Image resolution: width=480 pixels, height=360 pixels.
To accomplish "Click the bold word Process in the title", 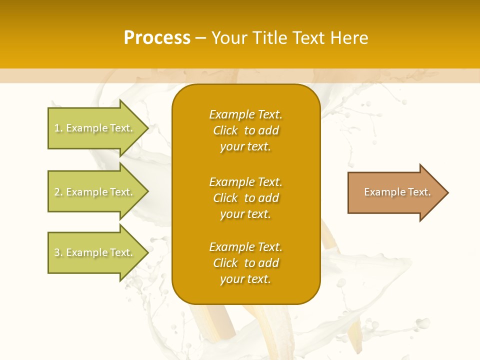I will tap(157, 38).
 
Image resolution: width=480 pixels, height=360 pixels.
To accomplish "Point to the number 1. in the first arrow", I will tap(58, 128).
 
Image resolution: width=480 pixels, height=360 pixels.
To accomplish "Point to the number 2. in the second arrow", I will tap(58, 192).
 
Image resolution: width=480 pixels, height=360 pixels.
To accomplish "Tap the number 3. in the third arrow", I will tap(58, 253).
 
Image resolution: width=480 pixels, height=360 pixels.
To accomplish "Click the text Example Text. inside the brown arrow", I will tap(397, 192).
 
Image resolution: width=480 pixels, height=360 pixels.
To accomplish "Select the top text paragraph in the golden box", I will tap(245, 130).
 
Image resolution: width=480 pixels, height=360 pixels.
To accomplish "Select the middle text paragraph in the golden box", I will tap(245, 197).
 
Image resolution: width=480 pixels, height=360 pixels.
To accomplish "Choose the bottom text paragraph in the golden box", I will tap(245, 263).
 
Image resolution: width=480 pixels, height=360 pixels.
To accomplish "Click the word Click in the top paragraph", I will tap(225, 131).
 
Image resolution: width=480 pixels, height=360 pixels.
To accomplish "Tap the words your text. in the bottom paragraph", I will tap(245, 279).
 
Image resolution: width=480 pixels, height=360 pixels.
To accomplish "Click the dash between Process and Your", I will tap(201, 38).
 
